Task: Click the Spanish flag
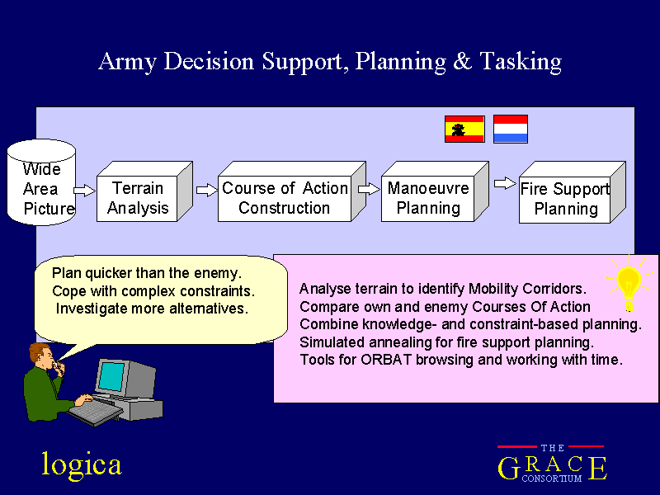coord(464,130)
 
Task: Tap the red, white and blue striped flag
coord(511,129)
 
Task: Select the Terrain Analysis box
coord(144,191)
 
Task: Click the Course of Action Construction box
coord(292,191)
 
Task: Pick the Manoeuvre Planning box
coord(435,191)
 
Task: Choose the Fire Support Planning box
coord(572,192)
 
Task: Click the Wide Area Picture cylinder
coord(42,182)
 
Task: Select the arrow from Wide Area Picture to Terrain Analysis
coord(85,191)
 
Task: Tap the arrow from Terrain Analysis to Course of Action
coord(207,191)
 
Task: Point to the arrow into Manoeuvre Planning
coord(369,189)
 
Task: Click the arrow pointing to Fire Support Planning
coord(505,183)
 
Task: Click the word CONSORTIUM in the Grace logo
coord(552,478)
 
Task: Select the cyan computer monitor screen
coord(111,376)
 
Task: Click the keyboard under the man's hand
coord(95,411)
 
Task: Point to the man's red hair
coord(39,351)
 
